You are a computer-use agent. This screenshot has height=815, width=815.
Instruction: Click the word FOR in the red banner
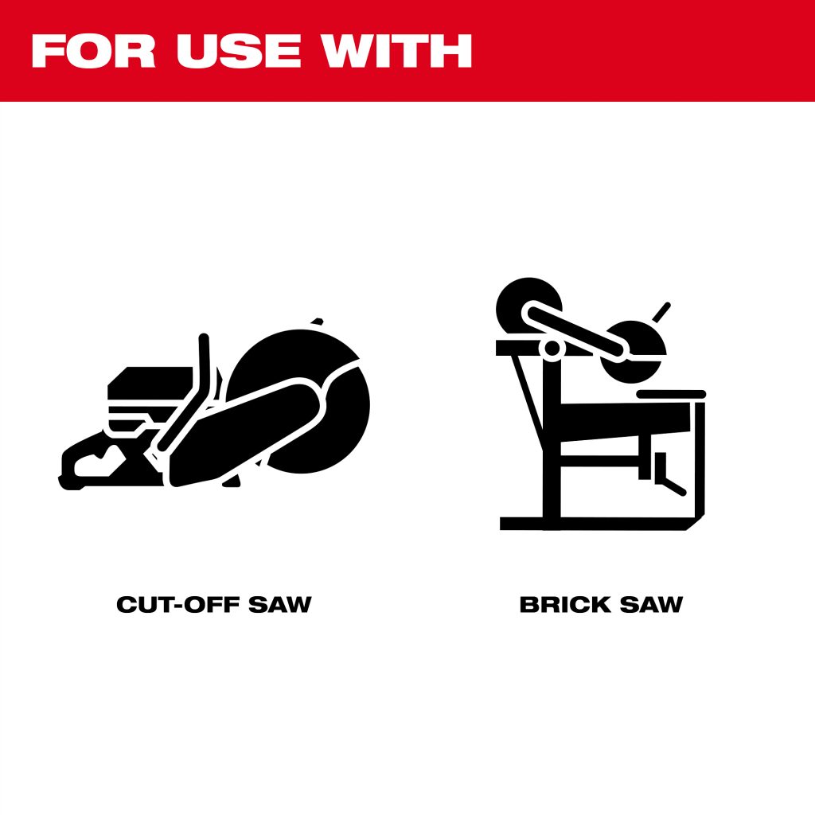(94, 51)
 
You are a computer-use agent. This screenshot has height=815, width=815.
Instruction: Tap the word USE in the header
(239, 51)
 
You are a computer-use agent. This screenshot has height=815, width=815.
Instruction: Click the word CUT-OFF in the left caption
(178, 604)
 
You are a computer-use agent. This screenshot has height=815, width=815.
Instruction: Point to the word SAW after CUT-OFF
(279, 604)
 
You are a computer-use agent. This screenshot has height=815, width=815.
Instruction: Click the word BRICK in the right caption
(565, 604)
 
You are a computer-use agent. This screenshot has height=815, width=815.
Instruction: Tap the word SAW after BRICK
(651, 604)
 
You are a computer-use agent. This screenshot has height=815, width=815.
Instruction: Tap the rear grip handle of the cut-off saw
(94, 462)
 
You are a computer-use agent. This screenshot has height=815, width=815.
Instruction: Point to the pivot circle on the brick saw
(552, 349)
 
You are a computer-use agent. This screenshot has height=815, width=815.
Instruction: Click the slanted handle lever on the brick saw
(661, 312)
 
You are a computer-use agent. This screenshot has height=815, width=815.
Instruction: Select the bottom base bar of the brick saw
(598, 524)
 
